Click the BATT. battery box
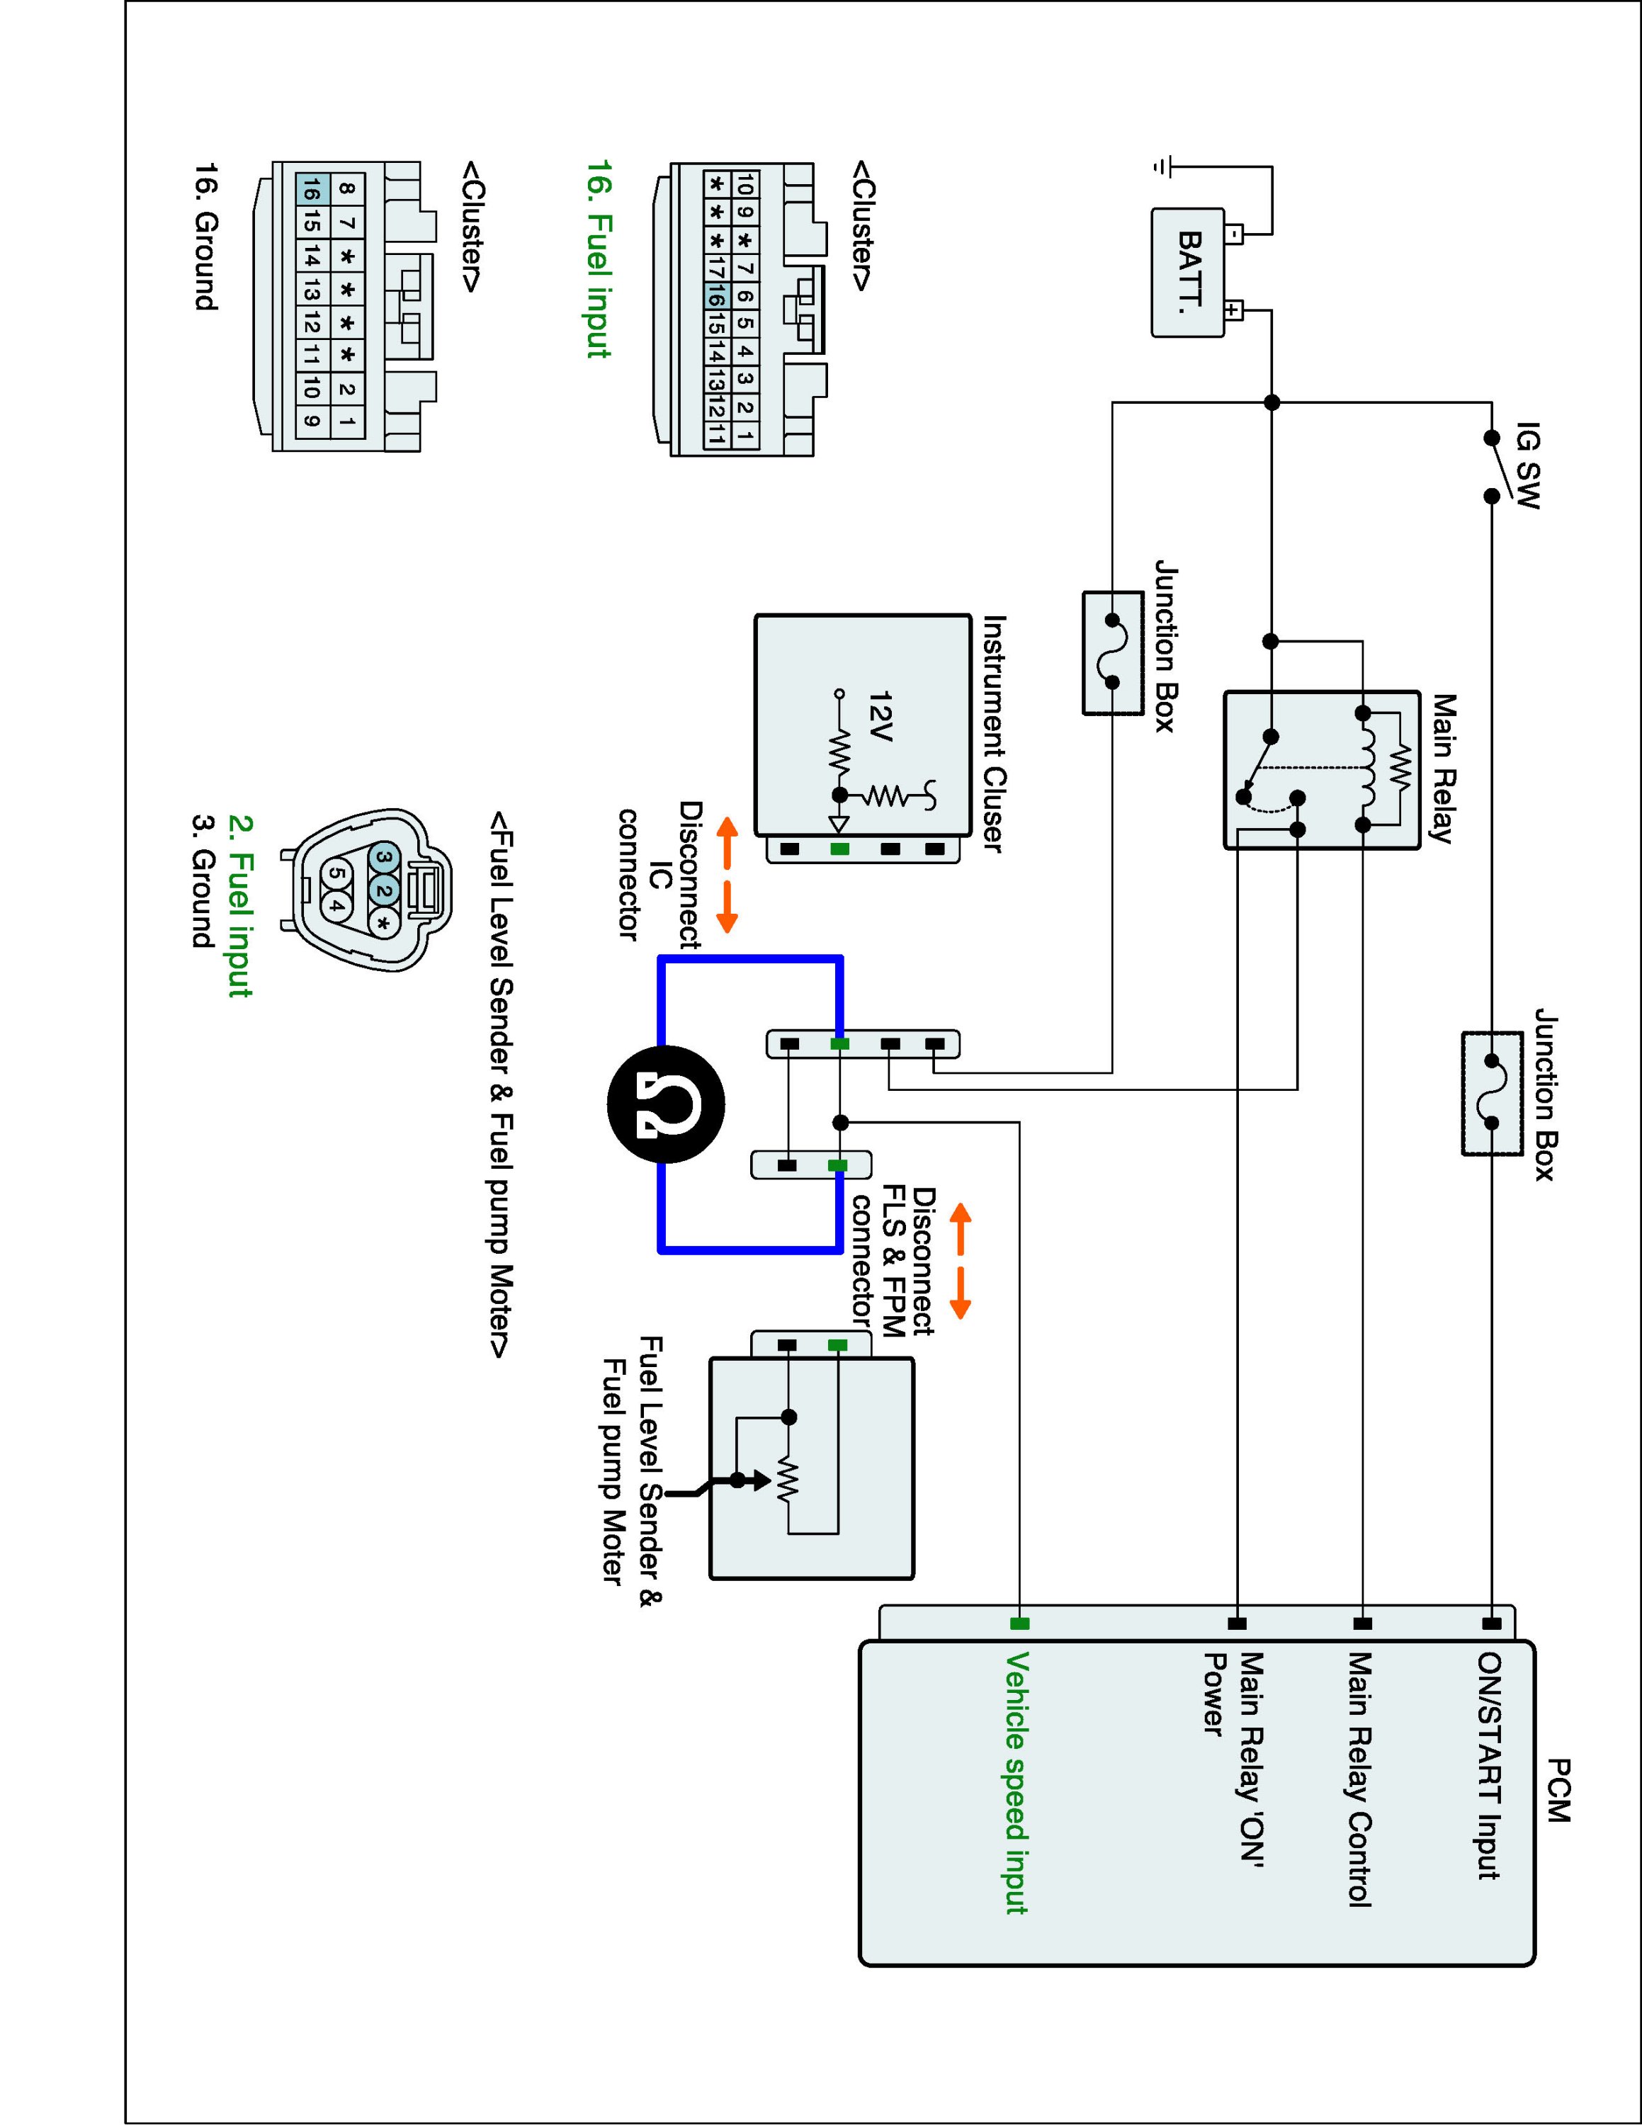1188,273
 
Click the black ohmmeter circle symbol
665,1104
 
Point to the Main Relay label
1442,768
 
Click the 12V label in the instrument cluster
881,716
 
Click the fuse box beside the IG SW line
1491,1094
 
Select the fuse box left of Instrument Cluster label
1113,652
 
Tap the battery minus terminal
1233,234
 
